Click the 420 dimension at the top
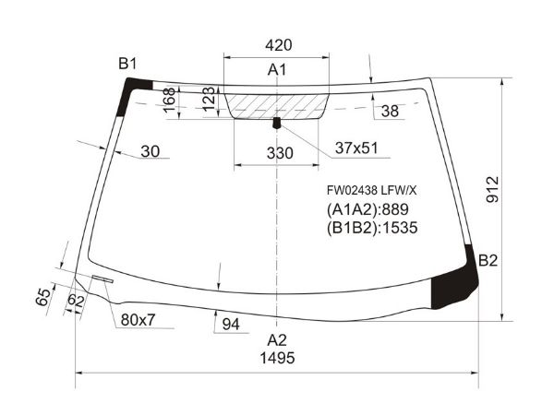pos(279,45)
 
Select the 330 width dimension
pos(280,153)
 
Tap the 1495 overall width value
pos(277,358)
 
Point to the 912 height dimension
pos(492,189)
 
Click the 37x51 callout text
pos(356,148)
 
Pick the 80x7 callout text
pos(138,320)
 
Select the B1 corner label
pos(127,64)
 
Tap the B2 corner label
pos(488,260)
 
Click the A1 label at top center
pos(277,70)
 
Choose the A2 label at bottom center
pos(277,340)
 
